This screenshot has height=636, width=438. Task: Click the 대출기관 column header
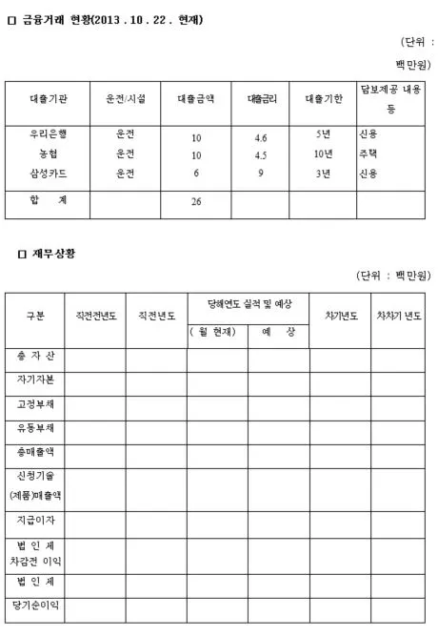pyautogui.click(x=47, y=98)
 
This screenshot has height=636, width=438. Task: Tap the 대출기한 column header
pyautogui.click(x=323, y=98)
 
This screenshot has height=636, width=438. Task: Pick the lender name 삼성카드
pyautogui.click(x=47, y=173)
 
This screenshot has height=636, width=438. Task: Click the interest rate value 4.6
pyautogui.click(x=260, y=137)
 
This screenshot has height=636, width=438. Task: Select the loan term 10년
pyautogui.click(x=323, y=154)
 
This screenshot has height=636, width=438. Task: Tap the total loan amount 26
pyautogui.click(x=196, y=202)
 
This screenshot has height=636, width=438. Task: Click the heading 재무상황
pyautogui.click(x=53, y=254)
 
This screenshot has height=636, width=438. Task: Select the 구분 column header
pyautogui.click(x=35, y=316)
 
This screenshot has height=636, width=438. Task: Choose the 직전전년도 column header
pyautogui.click(x=94, y=316)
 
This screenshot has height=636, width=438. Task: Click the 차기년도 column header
pyautogui.click(x=338, y=316)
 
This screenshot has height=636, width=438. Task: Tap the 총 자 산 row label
pyautogui.click(x=35, y=357)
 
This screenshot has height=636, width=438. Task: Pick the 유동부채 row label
pyautogui.click(x=35, y=428)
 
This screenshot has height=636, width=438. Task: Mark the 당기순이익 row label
pyautogui.click(x=35, y=605)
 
